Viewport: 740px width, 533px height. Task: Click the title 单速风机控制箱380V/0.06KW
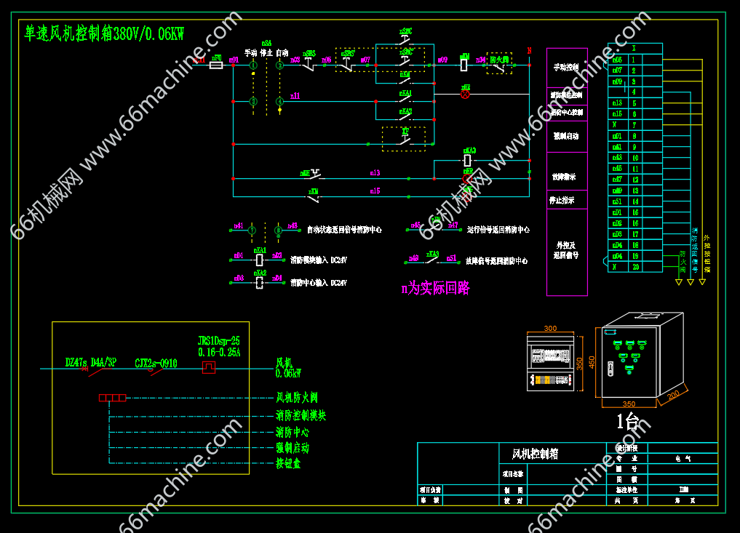pyautogui.click(x=104, y=33)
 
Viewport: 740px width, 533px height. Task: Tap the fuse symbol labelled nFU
pyautogui.click(x=216, y=65)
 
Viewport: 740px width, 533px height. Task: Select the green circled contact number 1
pyautogui.click(x=253, y=65)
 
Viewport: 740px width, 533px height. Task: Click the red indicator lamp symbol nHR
pyautogui.click(x=466, y=95)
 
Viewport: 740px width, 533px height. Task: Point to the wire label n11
pyautogui.click(x=295, y=95)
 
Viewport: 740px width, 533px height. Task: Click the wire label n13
pyautogui.click(x=375, y=173)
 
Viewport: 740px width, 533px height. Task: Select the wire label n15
pyautogui.click(x=375, y=191)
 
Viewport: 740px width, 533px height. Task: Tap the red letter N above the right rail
pyautogui.click(x=529, y=51)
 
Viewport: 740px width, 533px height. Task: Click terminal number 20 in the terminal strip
pyautogui.click(x=635, y=267)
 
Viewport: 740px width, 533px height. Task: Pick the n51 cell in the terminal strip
pyautogui.click(x=617, y=201)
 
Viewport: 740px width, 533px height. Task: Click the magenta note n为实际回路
pyautogui.click(x=435, y=288)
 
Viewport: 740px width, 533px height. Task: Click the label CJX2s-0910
pyautogui.click(x=156, y=362)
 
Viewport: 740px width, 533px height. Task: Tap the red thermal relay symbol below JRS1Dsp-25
pyautogui.click(x=209, y=368)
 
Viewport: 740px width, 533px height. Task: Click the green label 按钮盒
pyautogui.click(x=288, y=463)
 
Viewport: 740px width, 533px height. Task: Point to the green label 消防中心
pyautogui.click(x=293, y=432)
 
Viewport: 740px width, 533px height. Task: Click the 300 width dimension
pyautogui.click(x=550, y=329)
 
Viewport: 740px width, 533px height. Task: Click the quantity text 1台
pyautogui.click(x=627, y=421)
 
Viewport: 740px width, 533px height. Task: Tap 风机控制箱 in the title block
pyautogui.click(x=535, y=454)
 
